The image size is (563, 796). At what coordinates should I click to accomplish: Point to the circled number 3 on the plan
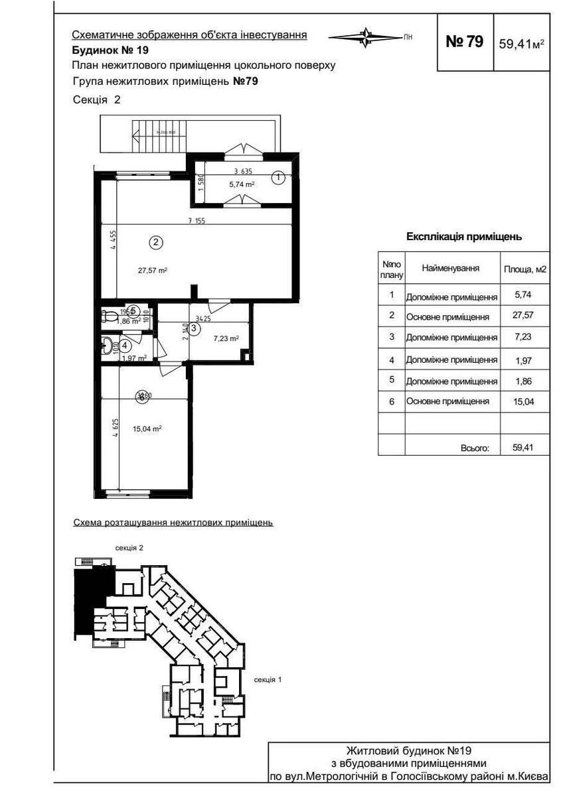click(x=194, y=328)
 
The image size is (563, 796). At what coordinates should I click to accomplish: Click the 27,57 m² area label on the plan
click(x=152, y=270)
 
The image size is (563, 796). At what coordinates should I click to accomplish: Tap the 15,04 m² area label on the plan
click(x=147, y=429)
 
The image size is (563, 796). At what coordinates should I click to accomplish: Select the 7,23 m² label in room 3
click(x=226, y=338)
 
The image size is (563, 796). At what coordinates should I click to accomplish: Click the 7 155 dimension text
click(x=196, y=222)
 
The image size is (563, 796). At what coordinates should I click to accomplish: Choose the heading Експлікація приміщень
click(x=463, y=236)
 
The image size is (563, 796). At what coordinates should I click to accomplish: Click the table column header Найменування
click(x=451, y=269)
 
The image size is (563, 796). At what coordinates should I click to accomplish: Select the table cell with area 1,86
click(x=522, y=381)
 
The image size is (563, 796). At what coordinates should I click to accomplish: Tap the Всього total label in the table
click(x=475, y=448)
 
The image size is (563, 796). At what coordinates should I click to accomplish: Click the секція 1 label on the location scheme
click(x=268, y=680)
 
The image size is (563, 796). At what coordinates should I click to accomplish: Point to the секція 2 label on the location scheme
click(x=129, y=548)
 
